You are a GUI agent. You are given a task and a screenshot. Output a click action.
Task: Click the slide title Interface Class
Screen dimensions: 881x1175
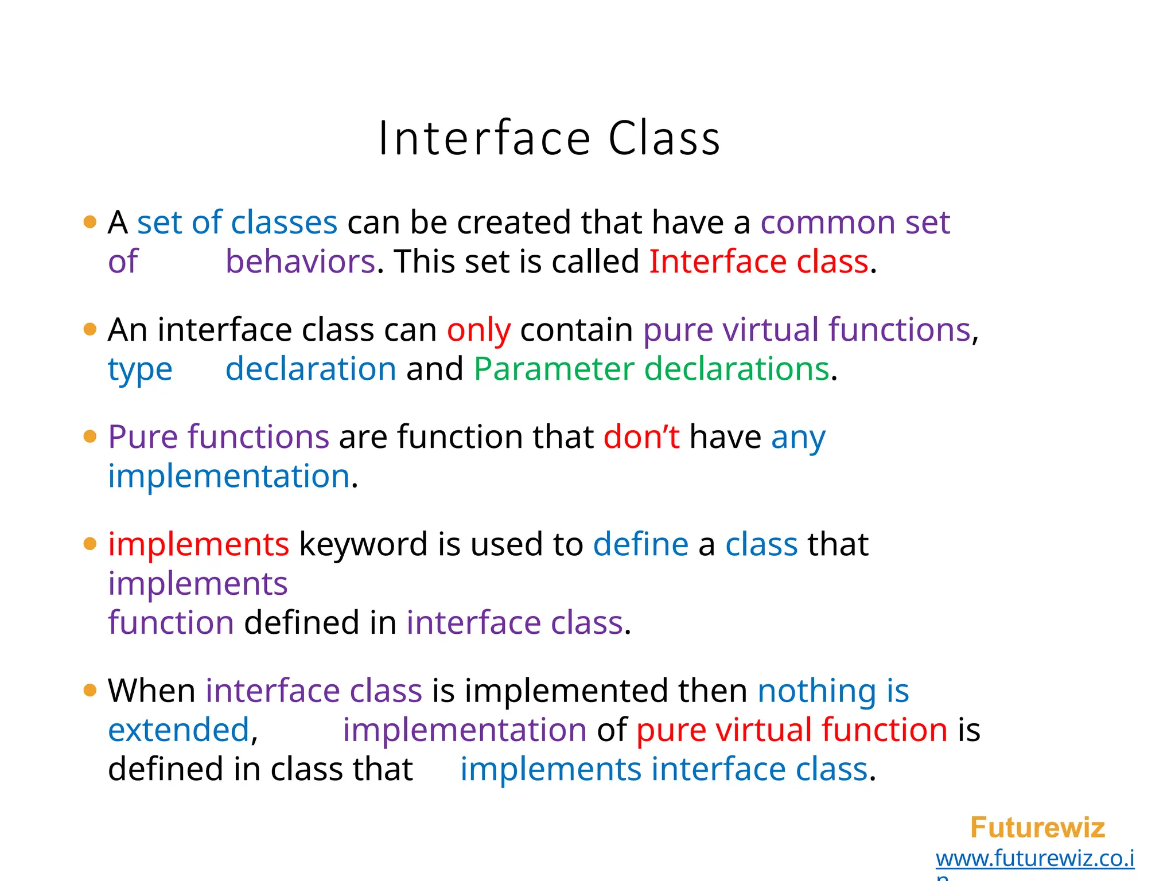[549, 139]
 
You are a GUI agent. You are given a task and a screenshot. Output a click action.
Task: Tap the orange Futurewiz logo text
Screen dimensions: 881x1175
[1037, 828]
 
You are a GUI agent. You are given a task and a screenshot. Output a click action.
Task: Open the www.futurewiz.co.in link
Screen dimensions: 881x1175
[1034, 859]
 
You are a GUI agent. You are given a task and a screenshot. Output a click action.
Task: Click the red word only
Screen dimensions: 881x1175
[478, 330]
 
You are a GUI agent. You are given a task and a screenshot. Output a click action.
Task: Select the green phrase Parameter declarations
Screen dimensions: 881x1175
[651, 369]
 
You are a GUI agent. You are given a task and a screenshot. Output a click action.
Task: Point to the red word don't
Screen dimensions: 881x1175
[641, 437]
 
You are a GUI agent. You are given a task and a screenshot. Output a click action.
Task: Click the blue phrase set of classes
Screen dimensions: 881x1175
[237, 223]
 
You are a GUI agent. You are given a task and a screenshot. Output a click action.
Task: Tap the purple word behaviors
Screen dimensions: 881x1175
[301, 262]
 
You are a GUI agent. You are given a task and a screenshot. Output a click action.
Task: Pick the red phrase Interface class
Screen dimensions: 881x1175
[758, 262]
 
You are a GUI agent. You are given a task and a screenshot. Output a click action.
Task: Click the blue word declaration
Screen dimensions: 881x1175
[310, 369]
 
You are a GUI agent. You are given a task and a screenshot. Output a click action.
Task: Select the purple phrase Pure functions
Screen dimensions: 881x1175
[219, 437]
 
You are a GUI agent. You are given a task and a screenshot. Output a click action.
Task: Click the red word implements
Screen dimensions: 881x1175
[199, 544]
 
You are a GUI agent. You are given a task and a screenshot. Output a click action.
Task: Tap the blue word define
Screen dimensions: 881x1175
[640, 544]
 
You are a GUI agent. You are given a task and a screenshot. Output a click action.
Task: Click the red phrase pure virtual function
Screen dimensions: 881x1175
[792, 730]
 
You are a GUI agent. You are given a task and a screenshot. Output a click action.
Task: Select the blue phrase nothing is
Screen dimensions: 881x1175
[833, 691]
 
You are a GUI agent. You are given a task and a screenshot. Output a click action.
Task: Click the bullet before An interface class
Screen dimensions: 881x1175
[90, 329]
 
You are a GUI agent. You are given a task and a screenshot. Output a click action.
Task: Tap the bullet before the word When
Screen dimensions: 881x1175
[90, 690]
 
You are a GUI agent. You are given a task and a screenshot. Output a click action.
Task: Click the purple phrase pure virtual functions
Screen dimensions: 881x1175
[807, 330]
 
